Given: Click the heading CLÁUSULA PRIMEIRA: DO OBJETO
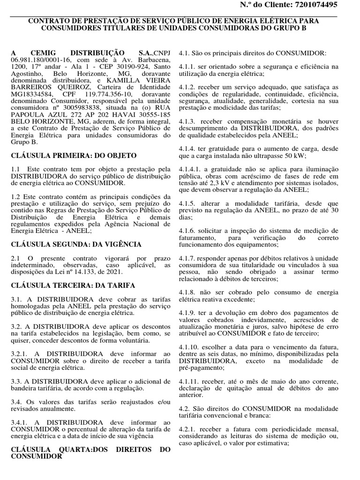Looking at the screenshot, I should pos(74,155).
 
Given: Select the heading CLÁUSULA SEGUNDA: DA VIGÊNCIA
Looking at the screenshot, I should pos(76,244).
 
